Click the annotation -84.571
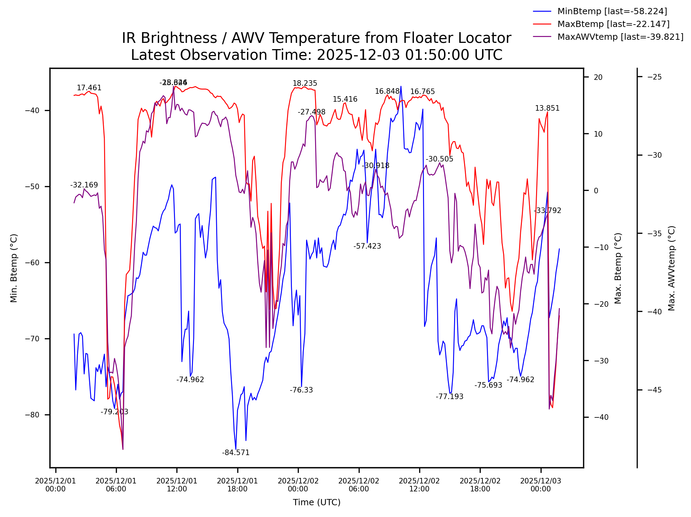point(236,453)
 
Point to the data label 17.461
point(89,88)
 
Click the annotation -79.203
point(114,412)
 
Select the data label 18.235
point(305,83)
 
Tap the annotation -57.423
point(367,246)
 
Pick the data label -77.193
point(449,397)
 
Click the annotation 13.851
point(547,108)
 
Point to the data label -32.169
point(84,185)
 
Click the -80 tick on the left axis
point(33,415)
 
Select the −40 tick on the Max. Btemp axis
point(601,417)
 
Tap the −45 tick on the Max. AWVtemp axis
point(654,390)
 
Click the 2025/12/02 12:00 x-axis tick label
point(419,485)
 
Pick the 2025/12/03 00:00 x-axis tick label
point(541,485)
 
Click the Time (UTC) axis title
point(316,502)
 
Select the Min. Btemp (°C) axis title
point(14,268)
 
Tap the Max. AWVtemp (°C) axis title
point(671,268)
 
